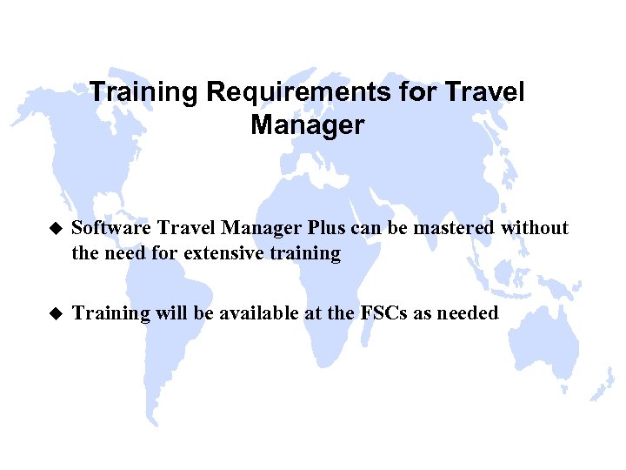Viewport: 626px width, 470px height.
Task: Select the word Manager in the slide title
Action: click(307, 124)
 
